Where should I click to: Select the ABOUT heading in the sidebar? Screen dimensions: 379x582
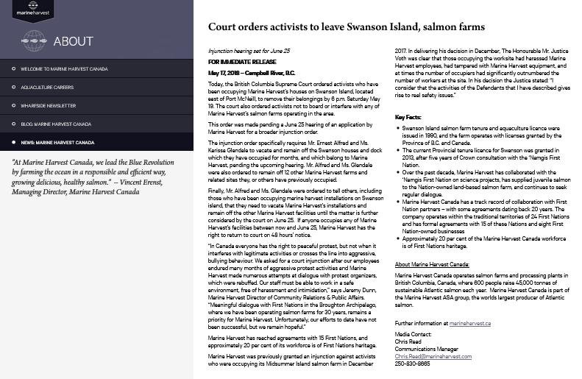click(x=74, y=40)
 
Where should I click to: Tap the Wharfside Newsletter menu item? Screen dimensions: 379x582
click(x=49, y=105)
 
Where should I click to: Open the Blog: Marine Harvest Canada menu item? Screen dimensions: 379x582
click(x=56, y=124)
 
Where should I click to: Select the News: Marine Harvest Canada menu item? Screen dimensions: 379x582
click(x=57, y=142)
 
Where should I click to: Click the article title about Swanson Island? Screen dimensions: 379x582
click(x=346, y=27)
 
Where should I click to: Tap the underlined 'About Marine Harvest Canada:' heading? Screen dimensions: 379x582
click(x=433, y=264)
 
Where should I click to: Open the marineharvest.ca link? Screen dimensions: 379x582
click(x=469, y=323)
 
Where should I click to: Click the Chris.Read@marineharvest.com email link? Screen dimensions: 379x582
click(x=433, y=356)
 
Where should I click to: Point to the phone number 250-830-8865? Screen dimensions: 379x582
click(x=412, y=364)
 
